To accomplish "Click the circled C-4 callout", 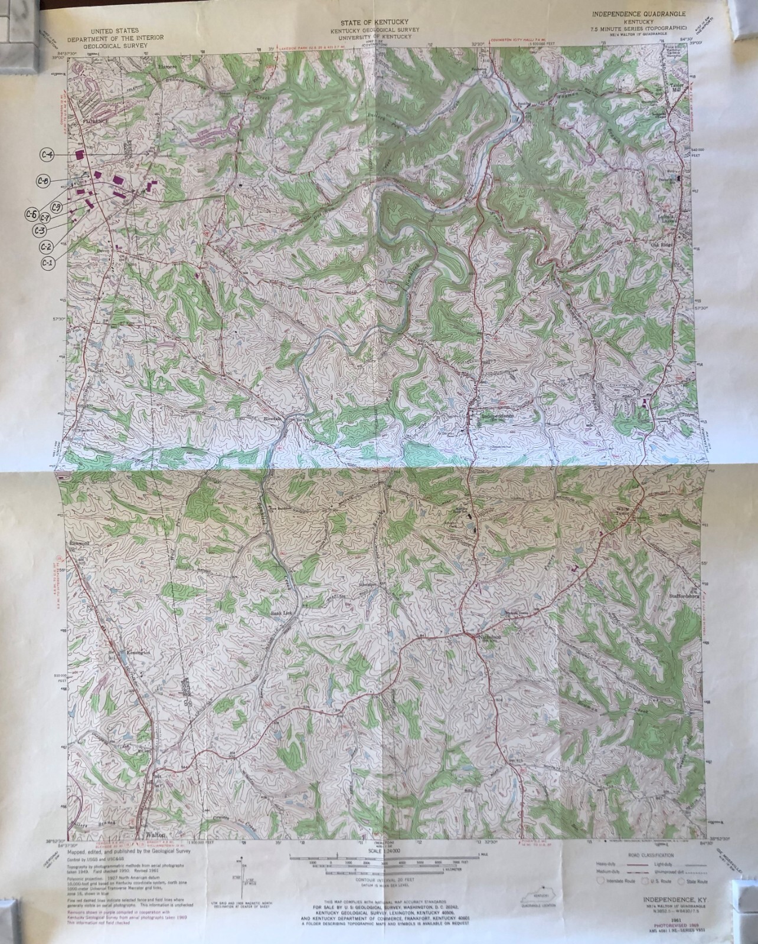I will point(47,155).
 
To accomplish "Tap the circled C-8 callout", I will point(43,181).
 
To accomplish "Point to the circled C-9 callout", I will point(57,206).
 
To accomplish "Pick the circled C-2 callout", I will point(47,246).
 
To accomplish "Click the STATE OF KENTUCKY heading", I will point(379,22).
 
